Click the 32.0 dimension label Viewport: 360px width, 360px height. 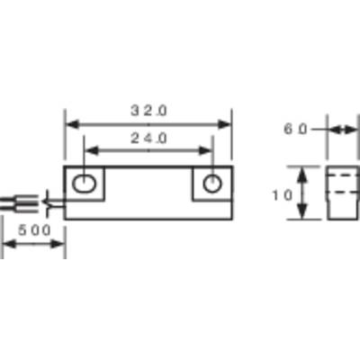pos(148,111)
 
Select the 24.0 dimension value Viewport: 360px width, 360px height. pos(148,139)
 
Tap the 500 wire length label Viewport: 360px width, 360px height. pos(34,230)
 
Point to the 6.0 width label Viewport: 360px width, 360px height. pos(295,129)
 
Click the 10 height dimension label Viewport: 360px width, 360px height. pos(282,195)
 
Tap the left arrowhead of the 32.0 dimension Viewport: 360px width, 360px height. pos(72,124)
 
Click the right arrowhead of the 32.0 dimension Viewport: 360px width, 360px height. pos(224,124)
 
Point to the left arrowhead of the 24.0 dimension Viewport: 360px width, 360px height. pos(92,151)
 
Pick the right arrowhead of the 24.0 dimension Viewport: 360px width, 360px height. pos(205,151)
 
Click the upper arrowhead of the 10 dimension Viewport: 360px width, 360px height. pos(303,175)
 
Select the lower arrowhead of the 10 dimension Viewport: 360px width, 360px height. pos(303,211)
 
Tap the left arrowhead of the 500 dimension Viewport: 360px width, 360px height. pos(9,244)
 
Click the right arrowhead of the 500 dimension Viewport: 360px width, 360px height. pos(58,244)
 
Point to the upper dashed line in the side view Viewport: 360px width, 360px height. pos(343,175)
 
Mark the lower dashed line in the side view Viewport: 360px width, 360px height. pos(343,192)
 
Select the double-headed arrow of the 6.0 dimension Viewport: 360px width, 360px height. pos(344,130)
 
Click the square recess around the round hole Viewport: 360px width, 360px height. pos(192,184)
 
